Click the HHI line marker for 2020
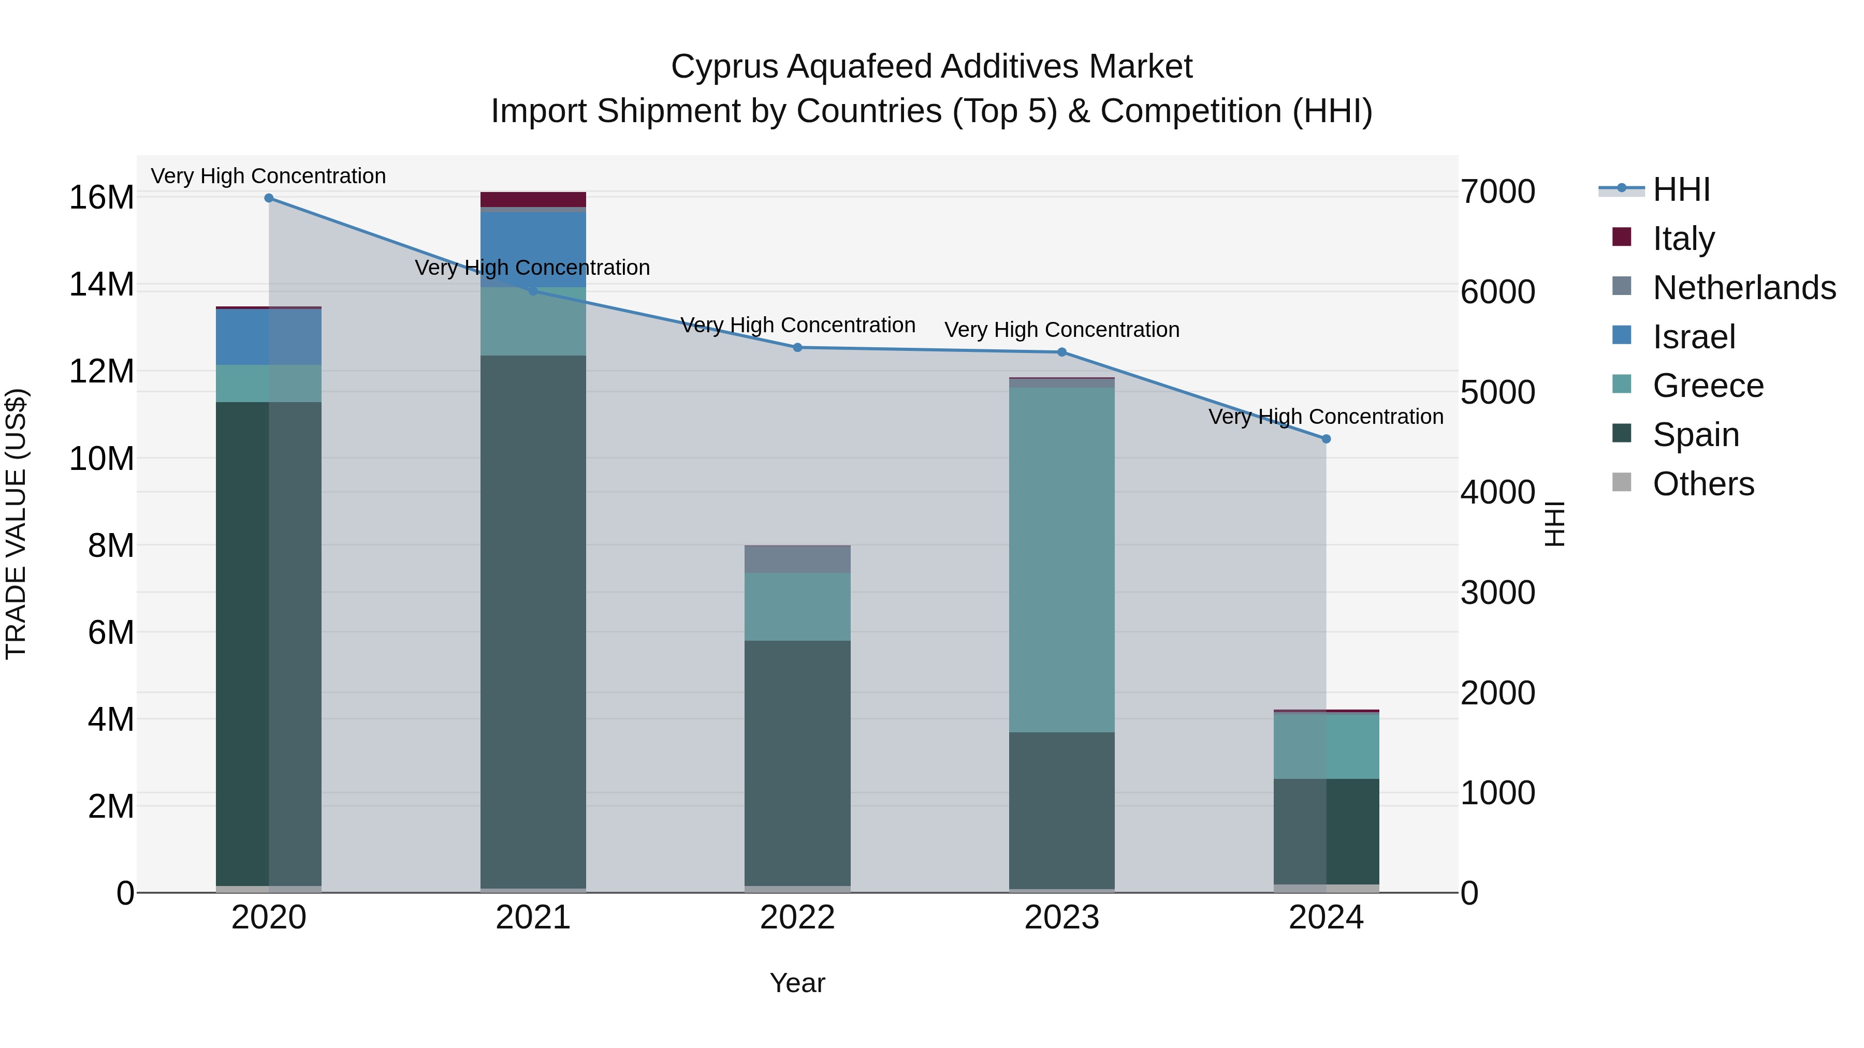coord(268,198)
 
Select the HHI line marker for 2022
coord(797,348)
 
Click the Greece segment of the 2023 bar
coord(1061,560)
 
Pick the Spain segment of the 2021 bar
coord(533,622)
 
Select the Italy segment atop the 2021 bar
coord(533,200)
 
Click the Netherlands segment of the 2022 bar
coord(797,559)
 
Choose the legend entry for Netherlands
coord(1744,288)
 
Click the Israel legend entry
coord(1693,337)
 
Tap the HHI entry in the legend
coord(1681,189)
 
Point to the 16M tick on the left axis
coord(101,198)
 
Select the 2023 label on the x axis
coord(1061,918)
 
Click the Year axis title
coord(797,983)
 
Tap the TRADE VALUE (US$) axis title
coord(16,524)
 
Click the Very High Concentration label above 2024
coord(1326,417)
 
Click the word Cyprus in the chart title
coord(724,67)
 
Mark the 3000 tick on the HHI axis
coord(1497,593)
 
